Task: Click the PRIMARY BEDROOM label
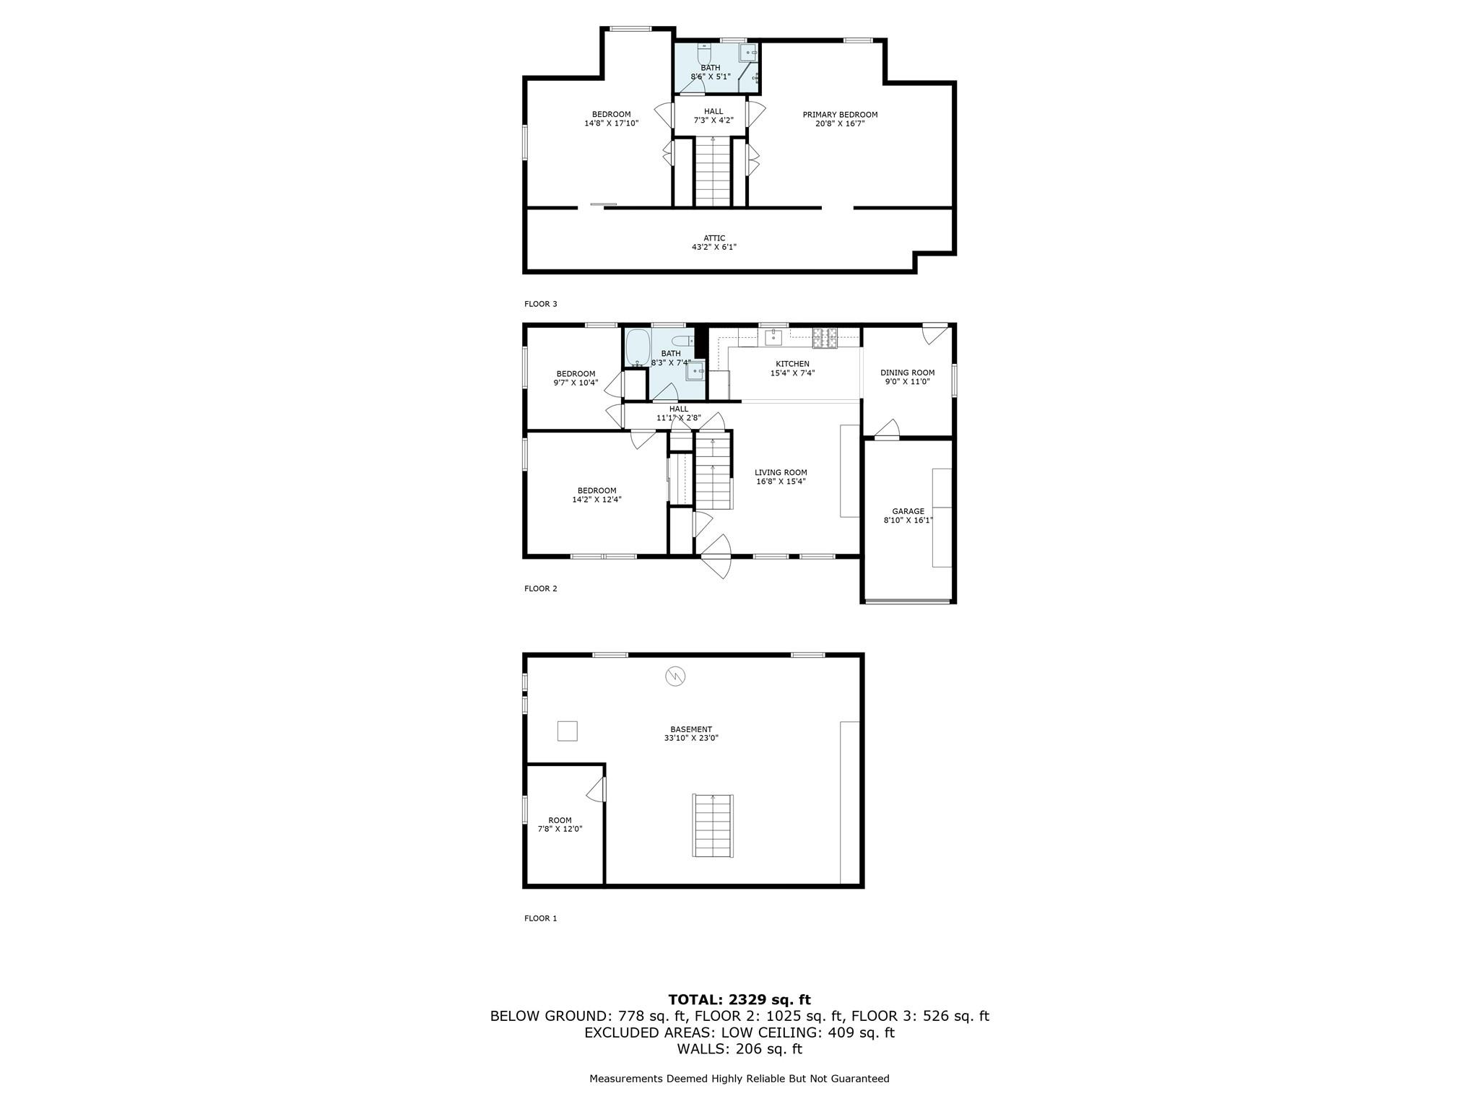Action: (x=840, y=115)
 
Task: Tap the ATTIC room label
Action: (x=714, y=238)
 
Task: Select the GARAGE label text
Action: (x=908, y=511)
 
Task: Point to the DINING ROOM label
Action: (x=907, y=373)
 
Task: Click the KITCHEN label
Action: (x=792, y=364)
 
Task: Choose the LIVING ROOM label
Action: (x=781, y=473)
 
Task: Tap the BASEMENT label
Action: (x=691, y=729)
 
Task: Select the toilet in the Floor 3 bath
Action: (x=705, y=53)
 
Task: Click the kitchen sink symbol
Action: (x=773, y=336)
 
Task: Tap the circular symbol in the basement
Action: (x=675, y=677)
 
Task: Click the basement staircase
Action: (x=713, y=826)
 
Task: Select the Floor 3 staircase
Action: (x=713, y=173)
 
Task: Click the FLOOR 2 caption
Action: (x=541, y=588)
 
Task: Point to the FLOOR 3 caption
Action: (x=541, y=304)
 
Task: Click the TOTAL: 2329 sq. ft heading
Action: (x=739, y=999)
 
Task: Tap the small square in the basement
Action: (x=568, y=731)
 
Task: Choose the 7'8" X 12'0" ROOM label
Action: (x=560, y=825)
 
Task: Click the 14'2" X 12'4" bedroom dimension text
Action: (x=597, y=499)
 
